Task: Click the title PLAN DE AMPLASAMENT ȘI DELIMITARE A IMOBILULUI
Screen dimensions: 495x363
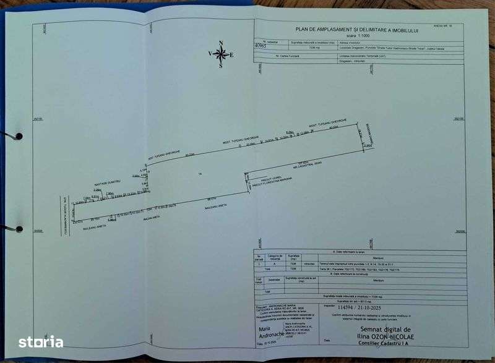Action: (358, 28)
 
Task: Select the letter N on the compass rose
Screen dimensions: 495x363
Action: (221, 43)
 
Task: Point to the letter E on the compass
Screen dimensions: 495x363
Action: (232, 54)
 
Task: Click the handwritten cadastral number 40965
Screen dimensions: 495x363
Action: (262, 45)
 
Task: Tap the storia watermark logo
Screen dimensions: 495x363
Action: (40, 341)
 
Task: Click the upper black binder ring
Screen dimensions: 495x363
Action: (19, 136)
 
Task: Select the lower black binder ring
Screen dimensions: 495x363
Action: (19, 229)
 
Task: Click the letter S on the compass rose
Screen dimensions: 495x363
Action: (220, 66)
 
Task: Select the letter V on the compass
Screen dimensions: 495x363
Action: (210, 54)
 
